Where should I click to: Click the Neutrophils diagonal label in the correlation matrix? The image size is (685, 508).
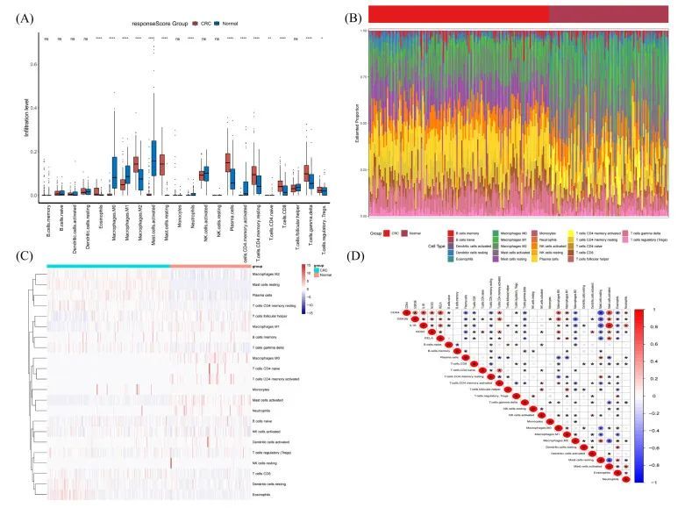613,479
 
